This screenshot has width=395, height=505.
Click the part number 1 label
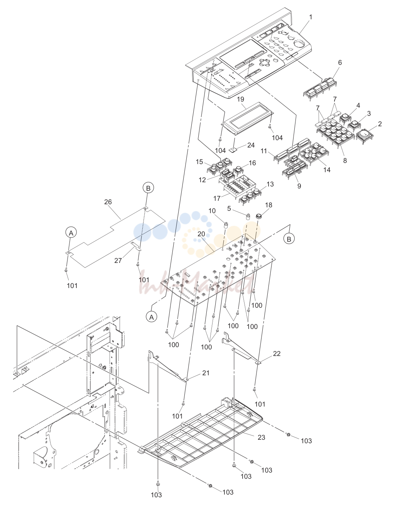[x=311, y=17]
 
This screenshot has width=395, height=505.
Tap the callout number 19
[x=241, y=99]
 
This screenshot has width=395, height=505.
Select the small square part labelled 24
[x=233, y=150]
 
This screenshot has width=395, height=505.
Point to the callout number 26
[x=108, y=202]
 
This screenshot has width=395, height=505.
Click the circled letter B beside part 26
[x=148, y=188]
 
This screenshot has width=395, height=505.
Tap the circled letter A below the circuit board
[x=152, y=317]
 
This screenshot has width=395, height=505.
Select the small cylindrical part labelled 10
[x=226, y=225]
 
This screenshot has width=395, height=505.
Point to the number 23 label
[x=262, y=437]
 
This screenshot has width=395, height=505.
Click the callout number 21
[x=206, y=373]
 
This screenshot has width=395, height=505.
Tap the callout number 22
[x=277, y=354]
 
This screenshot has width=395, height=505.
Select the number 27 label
[x=118, y=261]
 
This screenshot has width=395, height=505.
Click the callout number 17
[x=217, y=198]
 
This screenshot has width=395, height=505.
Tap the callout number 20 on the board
[x=201, y=234]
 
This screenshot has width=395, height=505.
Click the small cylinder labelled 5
[x=248, y=217]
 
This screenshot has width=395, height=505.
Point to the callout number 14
[x=327, y=170]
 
